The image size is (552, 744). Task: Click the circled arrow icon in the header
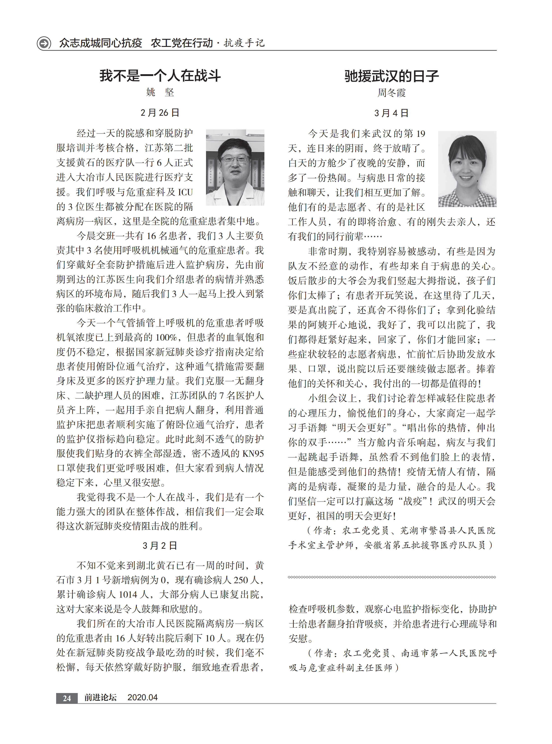(44, 43)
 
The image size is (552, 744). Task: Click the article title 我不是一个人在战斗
(160, 76)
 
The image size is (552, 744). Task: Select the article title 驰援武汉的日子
(392, 76)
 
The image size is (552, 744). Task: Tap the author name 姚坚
(160, 92)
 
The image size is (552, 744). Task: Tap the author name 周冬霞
(392, 93)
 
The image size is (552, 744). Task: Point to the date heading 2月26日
(160, 113)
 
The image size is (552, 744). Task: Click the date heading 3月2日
(160, 546)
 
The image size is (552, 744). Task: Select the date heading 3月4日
(391, 113)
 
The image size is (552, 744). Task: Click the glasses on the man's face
(235, 158)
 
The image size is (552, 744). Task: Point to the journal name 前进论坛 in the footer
(100, 697)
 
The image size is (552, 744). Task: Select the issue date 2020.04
(142, 697)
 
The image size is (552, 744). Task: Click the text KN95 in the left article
(253, 454)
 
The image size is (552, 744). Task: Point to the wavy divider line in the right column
(392, 577)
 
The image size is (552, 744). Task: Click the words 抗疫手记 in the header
(244, 43)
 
